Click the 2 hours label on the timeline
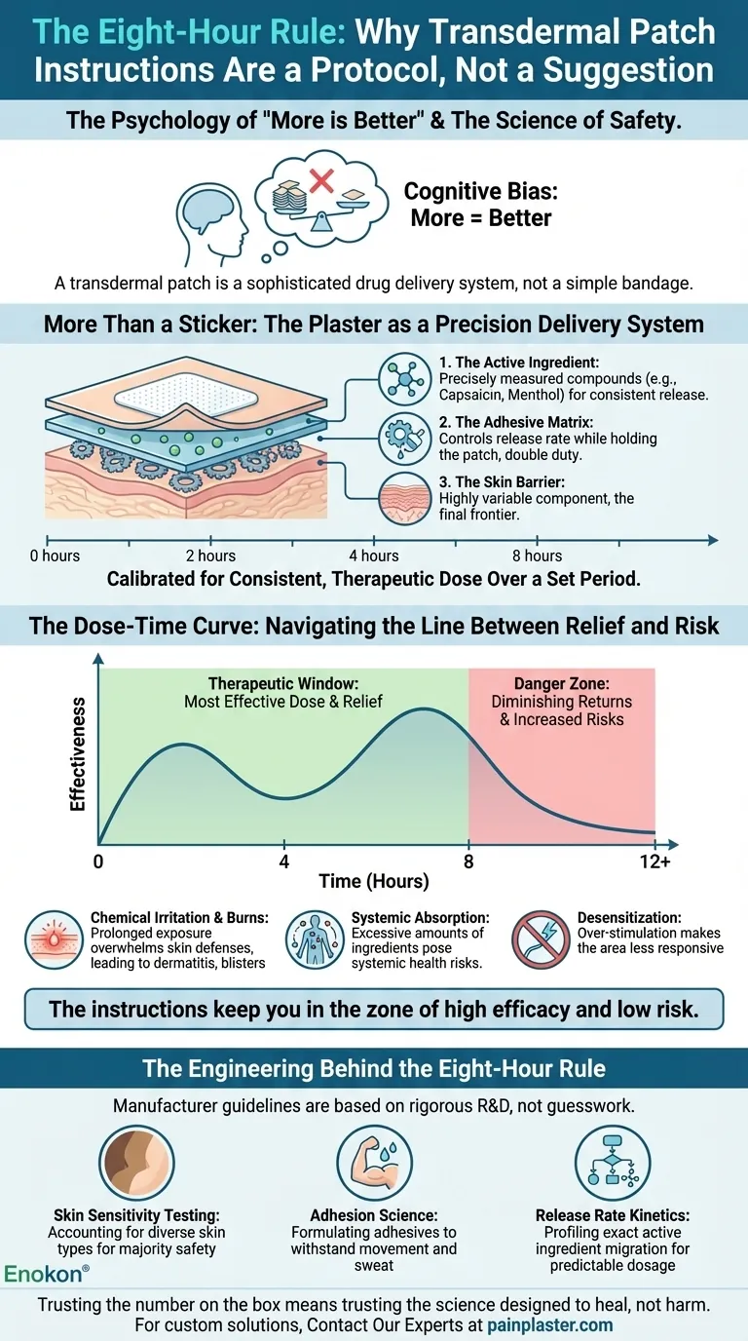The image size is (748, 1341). coord(210,556)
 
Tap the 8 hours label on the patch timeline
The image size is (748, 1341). coord(538,556)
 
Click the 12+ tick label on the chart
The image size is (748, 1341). coord(654,862)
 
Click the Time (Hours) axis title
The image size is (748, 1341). coord(374,882)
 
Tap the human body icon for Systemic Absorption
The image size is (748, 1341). coord(314,939)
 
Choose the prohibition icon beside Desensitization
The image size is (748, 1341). coord(542,939)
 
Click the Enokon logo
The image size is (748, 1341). coord(47,1273)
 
